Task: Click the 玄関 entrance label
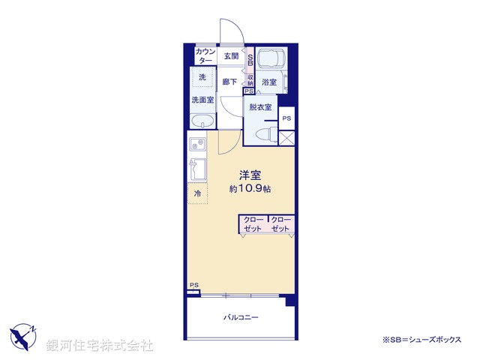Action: coord(230,56)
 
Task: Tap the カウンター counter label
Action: coord(205,56)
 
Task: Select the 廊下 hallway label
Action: coord(229,82)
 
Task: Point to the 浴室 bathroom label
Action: coord(269,82)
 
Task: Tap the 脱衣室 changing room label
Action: coord(261,107)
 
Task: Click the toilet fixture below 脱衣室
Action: coord(264,133)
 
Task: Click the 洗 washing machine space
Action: coord(202,77)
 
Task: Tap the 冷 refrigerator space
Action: coord(198,193)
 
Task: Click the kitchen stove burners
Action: coord(196,144)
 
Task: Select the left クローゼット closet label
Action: coord(253,224)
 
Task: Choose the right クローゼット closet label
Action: coord(281,224)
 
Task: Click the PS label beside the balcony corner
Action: coord(193,285)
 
